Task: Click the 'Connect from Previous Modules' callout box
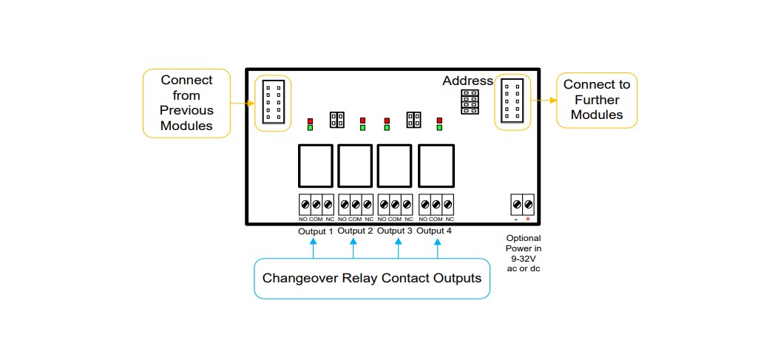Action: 186,103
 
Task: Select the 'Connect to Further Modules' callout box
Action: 596,100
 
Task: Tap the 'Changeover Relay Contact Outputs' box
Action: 372,279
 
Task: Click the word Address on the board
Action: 467,81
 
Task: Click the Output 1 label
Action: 316,231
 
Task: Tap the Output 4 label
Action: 434,231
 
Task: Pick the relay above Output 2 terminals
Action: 355,166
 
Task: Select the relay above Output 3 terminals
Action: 395,166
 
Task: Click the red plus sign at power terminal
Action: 527,220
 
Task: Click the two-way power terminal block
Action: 522,203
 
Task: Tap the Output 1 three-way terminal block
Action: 316,203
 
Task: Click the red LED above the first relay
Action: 311,120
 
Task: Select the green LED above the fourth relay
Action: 439,127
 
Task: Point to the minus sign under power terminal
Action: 515,220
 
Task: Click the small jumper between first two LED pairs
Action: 337,119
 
